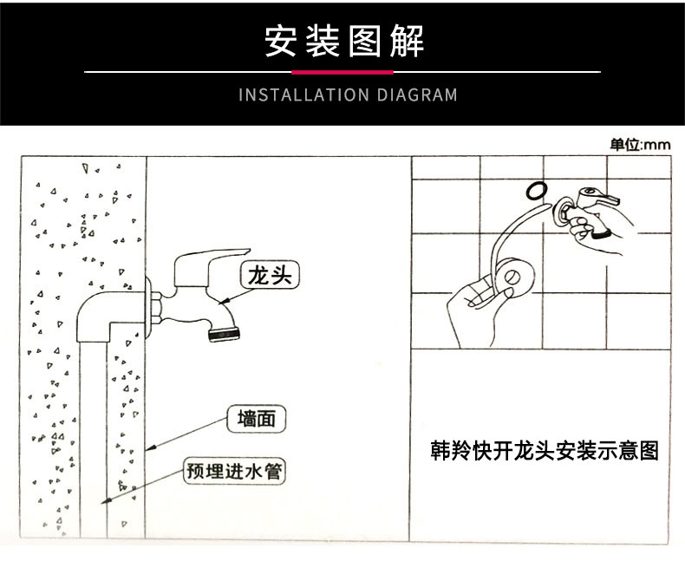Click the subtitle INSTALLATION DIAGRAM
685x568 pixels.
tap(348, 95)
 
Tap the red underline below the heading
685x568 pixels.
tap(342, 72)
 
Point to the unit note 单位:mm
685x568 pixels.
tap(640, 145)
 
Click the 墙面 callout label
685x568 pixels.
tap(256, 419)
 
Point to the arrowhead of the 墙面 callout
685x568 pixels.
tap(149, 448)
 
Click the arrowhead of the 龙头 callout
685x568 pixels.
tap(222, 303)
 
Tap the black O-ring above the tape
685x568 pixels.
tap(535, 189)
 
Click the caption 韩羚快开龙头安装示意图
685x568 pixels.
tap(545, 452)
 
